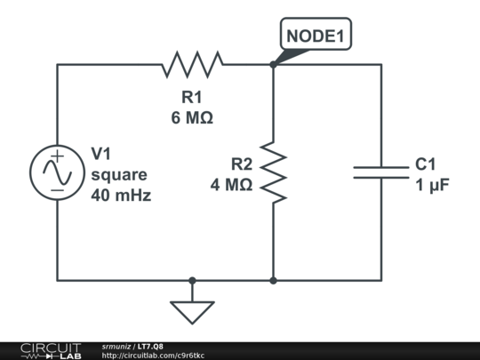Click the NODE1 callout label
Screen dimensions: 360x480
pos(316,36)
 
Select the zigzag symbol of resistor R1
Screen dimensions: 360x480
pos(192,64)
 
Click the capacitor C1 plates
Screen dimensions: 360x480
pos(381,172)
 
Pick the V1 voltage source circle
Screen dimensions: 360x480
pos(57,172)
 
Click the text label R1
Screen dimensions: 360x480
pos(192,97)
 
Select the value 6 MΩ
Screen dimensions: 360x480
pos(192,116)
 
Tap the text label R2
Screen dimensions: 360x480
pos(242,164)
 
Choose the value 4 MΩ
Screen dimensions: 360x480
pos(231,185)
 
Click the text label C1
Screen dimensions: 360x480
pos(425,164)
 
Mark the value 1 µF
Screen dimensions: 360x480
pos(429,185)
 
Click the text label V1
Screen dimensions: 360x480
pos(102,154)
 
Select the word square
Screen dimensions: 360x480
pos(119,174)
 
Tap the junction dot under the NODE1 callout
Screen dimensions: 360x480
pos(273,64)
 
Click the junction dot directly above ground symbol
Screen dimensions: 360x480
pos(192,280)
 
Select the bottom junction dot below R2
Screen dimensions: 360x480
pos(273,280)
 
